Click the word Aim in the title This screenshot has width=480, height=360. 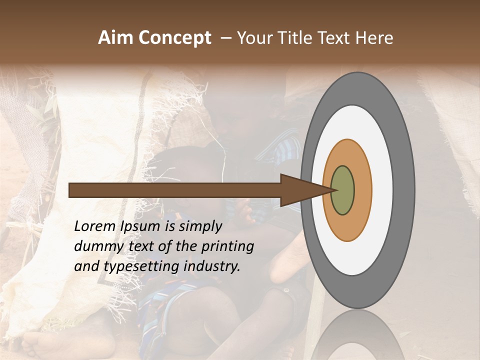point(115,38)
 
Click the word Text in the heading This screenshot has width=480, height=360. point(335,38)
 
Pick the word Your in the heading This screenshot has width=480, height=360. point(254,38)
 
